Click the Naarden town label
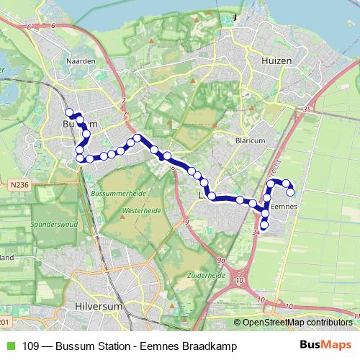click(81, 61)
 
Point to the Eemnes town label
click(287, 207)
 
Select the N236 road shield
click(19, 185)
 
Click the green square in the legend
click(9, 346)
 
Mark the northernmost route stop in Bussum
click(70, 112)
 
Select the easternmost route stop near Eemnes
click(291, 192)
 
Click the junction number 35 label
click(307, 109)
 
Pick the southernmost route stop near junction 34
click(264, 226)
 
